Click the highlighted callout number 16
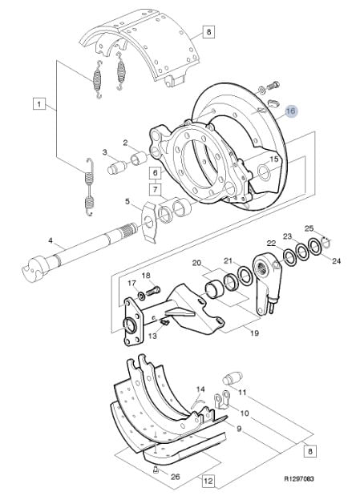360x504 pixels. [290, 111]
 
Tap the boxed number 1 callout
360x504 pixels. [39, 104]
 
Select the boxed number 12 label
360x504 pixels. [208, 481]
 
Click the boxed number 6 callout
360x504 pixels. [156, 173]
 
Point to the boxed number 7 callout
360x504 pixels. [156, 190]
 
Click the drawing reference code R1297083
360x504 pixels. [299, 478]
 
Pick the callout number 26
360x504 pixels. [175, 477]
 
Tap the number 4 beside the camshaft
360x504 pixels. [51, 240]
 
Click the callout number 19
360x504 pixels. [254, 333]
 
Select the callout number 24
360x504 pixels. [336, 260]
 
